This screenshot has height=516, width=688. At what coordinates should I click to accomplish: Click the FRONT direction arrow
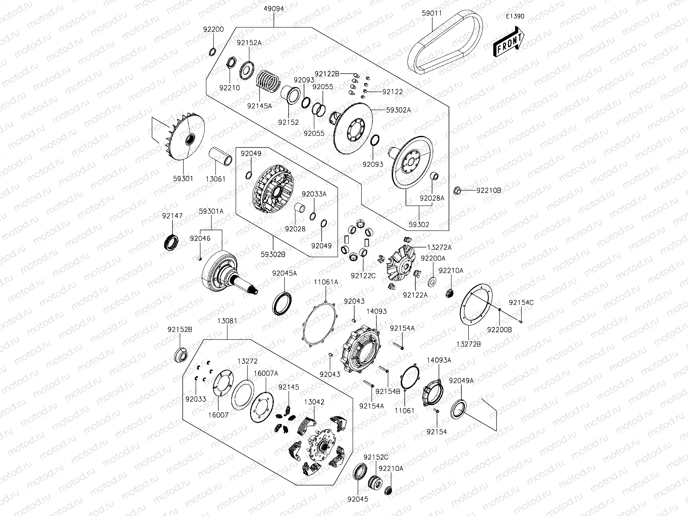[509, 42]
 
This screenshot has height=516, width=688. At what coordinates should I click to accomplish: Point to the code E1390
[515, 16]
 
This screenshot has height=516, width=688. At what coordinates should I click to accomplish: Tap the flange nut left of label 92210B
[458, 190]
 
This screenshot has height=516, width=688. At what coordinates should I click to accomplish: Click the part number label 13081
[227, 321]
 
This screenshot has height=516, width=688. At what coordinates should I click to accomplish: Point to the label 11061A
[326, 282]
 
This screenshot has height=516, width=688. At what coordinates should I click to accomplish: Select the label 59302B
[273, 254]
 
